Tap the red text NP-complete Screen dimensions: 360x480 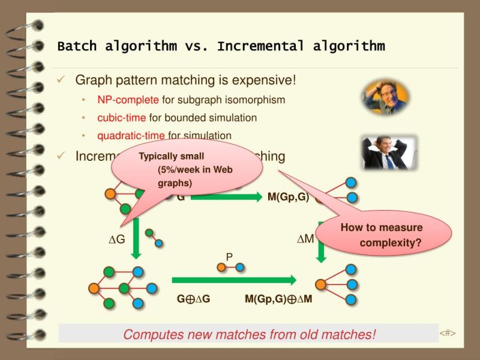pos(128,100)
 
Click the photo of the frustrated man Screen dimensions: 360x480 pos(385,98)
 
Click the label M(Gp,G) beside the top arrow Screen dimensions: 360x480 pos(288,197)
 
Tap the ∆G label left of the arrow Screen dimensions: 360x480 pos(116,239)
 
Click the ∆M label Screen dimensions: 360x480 pos(305,239)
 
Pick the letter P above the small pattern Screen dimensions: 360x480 pos(229,257)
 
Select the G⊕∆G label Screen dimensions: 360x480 pos(193,299)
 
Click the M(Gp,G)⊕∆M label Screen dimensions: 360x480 pos(278,299)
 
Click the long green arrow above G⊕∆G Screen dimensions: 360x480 pos(234,280)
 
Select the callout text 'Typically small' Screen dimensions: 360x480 pos(171,157)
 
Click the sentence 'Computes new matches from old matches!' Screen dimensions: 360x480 pos(249,334)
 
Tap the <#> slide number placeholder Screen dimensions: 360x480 pos(448,332)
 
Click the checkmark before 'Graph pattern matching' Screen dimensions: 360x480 pos(61,80)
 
